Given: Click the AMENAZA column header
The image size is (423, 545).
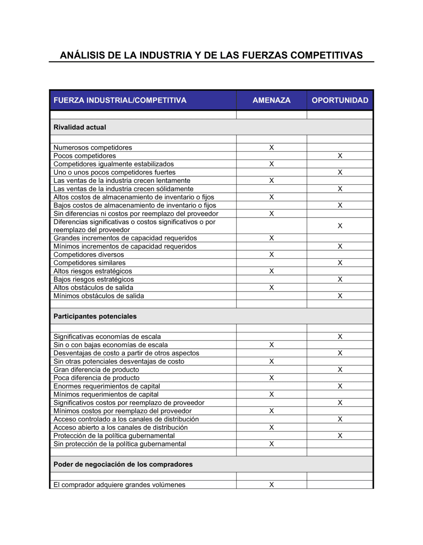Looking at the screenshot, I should click(x=271, y=100).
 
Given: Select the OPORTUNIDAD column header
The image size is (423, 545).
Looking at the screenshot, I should click(x=340, y=100).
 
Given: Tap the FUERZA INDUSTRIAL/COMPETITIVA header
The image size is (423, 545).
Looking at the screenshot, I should click(x=120, y=100).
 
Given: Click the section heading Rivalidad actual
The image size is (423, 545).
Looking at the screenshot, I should click(x=80, y=127).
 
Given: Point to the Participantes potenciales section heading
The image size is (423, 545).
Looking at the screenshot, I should click(x=95, y=316).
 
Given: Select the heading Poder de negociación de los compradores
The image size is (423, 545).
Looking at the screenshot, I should click(x=123, y=464).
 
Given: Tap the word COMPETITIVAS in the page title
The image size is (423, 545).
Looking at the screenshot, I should click(x=327, y=55).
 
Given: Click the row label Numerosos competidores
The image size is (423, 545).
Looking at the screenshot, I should click(x=93, y=147).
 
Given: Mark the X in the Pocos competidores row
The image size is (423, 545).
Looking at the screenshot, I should click(x=340, y=156).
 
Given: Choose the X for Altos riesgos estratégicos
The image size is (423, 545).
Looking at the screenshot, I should click(x=271, y=271).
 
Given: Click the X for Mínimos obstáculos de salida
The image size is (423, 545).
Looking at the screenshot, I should click(x=340, y=296).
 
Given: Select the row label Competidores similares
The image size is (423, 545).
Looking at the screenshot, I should click(x=89, y=263).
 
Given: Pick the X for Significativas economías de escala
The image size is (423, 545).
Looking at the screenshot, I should click(x=340, y=337).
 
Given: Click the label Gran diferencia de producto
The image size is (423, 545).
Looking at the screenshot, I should click(x=96, y=370).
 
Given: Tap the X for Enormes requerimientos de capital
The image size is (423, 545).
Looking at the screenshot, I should click(x=340, y=386).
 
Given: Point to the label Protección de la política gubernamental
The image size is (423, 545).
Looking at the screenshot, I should click(x=114, y=436).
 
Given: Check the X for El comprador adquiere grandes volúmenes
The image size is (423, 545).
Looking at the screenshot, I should click(x=271, y=485).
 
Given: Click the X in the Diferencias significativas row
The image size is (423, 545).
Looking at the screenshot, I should click(x=340, y=226).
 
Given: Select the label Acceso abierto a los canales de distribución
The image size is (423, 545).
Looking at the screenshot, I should click(x=120, y=428).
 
